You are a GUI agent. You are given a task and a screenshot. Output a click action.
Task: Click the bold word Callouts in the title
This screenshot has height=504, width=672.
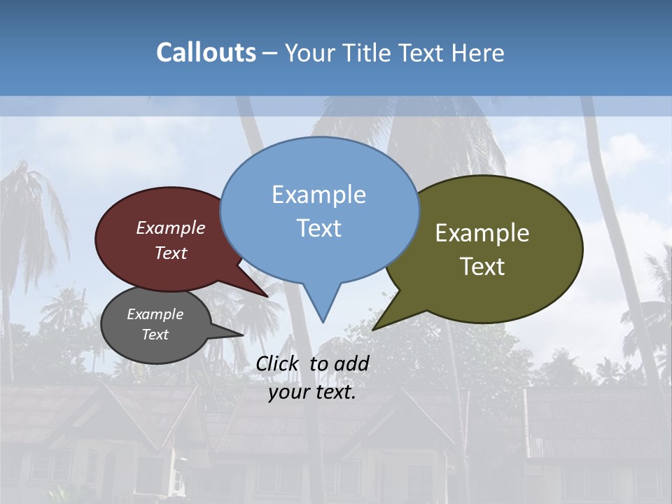tap(206, 52)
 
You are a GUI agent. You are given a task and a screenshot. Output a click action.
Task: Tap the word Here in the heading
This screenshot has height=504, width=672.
tap(478, 52)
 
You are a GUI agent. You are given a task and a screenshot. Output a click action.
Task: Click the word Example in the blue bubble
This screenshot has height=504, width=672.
tap(318, 195)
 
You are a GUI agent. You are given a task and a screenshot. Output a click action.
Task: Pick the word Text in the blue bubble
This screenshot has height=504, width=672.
tap(318, 227)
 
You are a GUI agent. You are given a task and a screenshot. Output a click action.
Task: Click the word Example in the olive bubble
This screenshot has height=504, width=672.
tap(482, 233)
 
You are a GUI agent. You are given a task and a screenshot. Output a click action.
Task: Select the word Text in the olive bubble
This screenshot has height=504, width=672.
tap(482, 266)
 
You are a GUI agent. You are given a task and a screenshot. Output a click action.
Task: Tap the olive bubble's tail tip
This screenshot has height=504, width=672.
tap(373, 329)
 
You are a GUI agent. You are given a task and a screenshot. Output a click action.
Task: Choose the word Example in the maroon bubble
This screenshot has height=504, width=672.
tap(171, 227)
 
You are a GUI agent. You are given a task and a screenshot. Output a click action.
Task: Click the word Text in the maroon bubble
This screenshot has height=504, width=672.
tap(171, 253)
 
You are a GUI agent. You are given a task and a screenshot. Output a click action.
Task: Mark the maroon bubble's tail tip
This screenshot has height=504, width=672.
tap(267, 296)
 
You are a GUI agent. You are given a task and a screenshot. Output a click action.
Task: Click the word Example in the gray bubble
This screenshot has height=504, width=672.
tap(155, 314)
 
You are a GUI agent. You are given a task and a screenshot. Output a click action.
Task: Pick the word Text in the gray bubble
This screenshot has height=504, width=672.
tap(155, 335)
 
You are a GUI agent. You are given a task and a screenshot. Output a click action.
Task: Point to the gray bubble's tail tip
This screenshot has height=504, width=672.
tap(243, 335)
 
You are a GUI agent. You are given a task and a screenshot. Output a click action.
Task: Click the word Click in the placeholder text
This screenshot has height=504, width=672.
tap(279, 363)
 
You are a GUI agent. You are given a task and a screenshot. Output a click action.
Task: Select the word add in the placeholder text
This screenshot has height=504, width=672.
tap(351, 363)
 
